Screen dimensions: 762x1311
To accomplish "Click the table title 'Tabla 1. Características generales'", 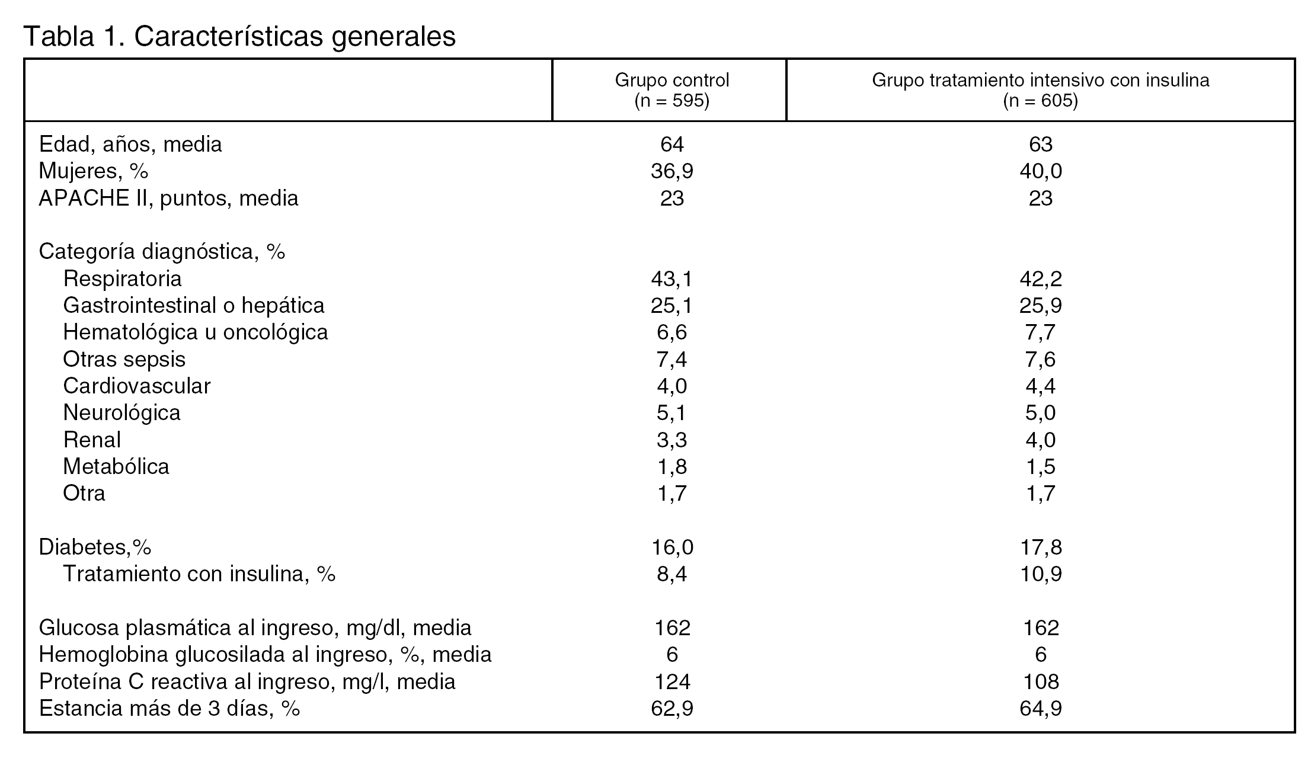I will [239, 36].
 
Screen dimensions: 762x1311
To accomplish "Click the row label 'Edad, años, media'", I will [130, 144].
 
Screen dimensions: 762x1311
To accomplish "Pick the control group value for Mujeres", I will [672, 171].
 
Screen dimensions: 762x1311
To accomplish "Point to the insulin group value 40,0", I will [1040, 171].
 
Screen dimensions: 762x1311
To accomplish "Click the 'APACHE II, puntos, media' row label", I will [168, 198].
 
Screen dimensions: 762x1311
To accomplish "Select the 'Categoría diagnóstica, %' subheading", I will [162, 252].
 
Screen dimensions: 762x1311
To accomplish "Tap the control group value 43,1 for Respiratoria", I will [672, 278].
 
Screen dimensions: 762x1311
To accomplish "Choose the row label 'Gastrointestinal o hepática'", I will [194, 306].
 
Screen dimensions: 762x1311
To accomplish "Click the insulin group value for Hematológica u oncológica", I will [1040, 332].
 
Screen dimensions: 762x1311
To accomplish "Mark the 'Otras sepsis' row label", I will [124, 359].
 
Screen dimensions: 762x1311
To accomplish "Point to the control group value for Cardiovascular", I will [672, 386].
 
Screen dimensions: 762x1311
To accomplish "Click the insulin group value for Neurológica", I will [1040, 413].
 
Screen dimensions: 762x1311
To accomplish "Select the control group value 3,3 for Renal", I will [672, 440].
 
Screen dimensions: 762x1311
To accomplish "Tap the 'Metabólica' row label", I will [116, 467].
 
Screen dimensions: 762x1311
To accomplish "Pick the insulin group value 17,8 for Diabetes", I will [1040, 547].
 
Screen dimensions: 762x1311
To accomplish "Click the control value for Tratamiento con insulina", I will [672, 574].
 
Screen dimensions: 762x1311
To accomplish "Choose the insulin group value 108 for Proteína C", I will [1040, 681].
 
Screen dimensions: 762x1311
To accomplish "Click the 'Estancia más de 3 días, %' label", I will [170, 709].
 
